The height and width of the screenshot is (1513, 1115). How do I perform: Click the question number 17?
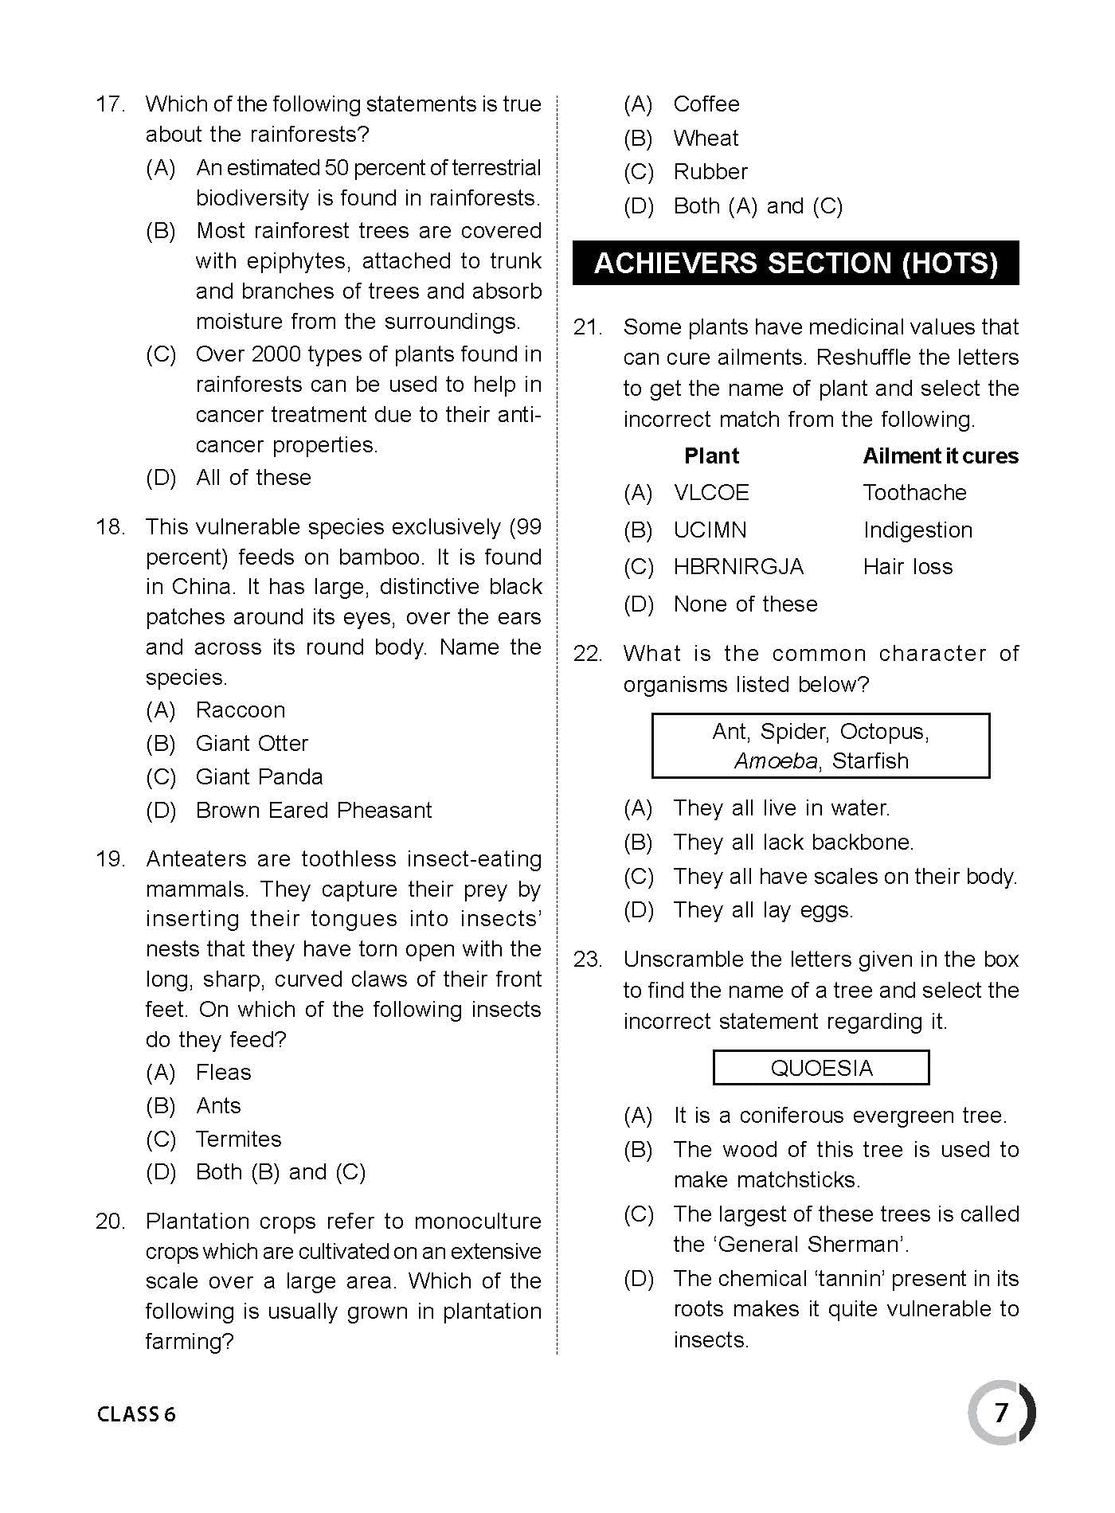(x=110, y=104)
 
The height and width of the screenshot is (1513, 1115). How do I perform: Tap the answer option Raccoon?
(x=240, y=710)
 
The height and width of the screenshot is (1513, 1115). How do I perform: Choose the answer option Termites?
(x=238, y=1139)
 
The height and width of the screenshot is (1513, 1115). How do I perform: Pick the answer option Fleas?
(x=223, y=1072)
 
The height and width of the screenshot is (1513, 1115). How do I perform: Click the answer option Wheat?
(x=706, y=138)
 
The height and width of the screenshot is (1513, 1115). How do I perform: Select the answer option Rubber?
(x=710, y=172)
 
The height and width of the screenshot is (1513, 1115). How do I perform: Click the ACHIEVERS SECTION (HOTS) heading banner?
(x=796, y=263)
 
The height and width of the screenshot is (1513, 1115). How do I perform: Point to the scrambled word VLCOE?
(x=711, y=492)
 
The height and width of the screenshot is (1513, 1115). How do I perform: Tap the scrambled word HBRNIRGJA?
(x=738, y=566)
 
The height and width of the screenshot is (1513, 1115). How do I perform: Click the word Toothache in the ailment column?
(x=914, y=492)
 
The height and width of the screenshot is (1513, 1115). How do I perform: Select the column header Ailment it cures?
(x=941, y=455)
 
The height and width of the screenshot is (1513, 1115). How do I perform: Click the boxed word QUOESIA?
(x=821, y=1068)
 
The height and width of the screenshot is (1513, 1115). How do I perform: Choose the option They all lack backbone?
(x=793, y=842)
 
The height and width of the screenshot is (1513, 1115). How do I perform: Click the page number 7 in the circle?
(x=1001, y=1413)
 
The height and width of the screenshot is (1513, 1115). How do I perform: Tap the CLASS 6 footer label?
(x=136, y=1414)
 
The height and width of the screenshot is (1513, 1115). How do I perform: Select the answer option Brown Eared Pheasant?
(x=313, y=810)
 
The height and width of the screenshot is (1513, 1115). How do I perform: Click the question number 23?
(x=588, y=960)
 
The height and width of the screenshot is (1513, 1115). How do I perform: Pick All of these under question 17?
(x=253, y=477)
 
